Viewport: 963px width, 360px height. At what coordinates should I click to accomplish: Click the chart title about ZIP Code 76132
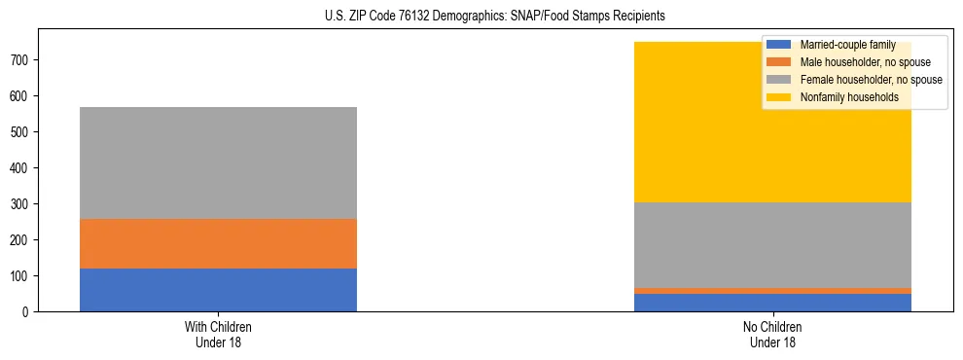click(x=481, y=17)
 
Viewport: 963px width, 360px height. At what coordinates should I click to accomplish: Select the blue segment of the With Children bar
click(x=218, y=290)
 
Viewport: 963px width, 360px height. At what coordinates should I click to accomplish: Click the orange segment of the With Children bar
click(x=218, y=243)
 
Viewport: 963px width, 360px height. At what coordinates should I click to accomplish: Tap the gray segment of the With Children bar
click(x=218, y=162)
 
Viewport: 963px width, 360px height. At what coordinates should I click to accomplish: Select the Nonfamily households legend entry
click(x=848, y=97)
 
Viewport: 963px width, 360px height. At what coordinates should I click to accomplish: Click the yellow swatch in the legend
click(x=779, y=97)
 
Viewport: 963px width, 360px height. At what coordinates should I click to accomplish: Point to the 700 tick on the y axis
click(x=23, y=60)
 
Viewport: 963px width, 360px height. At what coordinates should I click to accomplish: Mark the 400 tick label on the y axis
click(x=23, y=168)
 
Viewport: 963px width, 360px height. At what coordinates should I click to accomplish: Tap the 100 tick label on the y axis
click(x=23, y=276)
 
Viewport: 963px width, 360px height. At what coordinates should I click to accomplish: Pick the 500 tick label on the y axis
click(x=23, y=132)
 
